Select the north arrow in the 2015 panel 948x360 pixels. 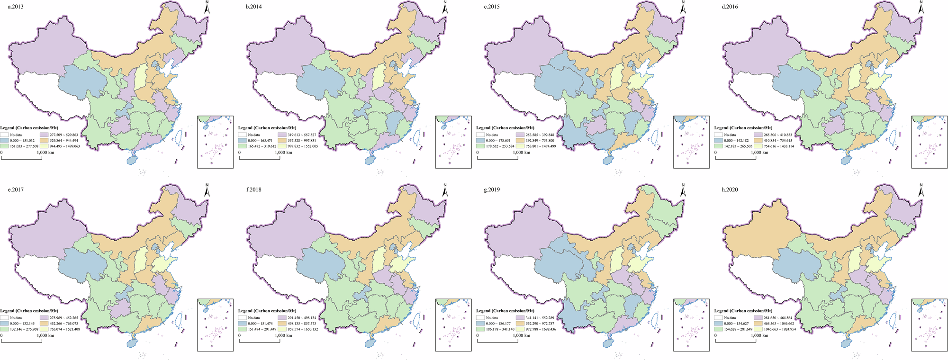pyautogui.click(x=683, y=8)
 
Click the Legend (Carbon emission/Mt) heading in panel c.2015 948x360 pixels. pyautogui.click(x=505, y=128)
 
